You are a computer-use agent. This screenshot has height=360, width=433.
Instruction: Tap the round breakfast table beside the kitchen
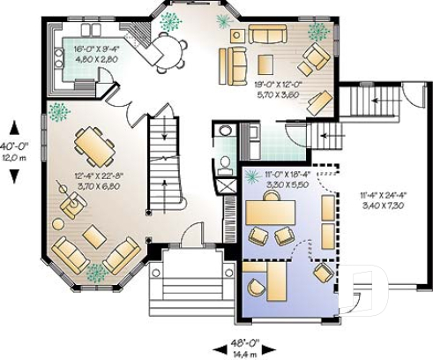click(x=169, y=49)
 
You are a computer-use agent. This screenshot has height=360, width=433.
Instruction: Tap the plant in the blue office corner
click(x=251, y=176)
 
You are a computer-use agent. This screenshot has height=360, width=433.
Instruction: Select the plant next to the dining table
click(x=59, y=112)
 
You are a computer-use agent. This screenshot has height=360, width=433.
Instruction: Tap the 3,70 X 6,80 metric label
click(x=98, y=187)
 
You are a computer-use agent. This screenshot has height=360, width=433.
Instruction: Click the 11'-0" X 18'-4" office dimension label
click(x=288, y=176)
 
